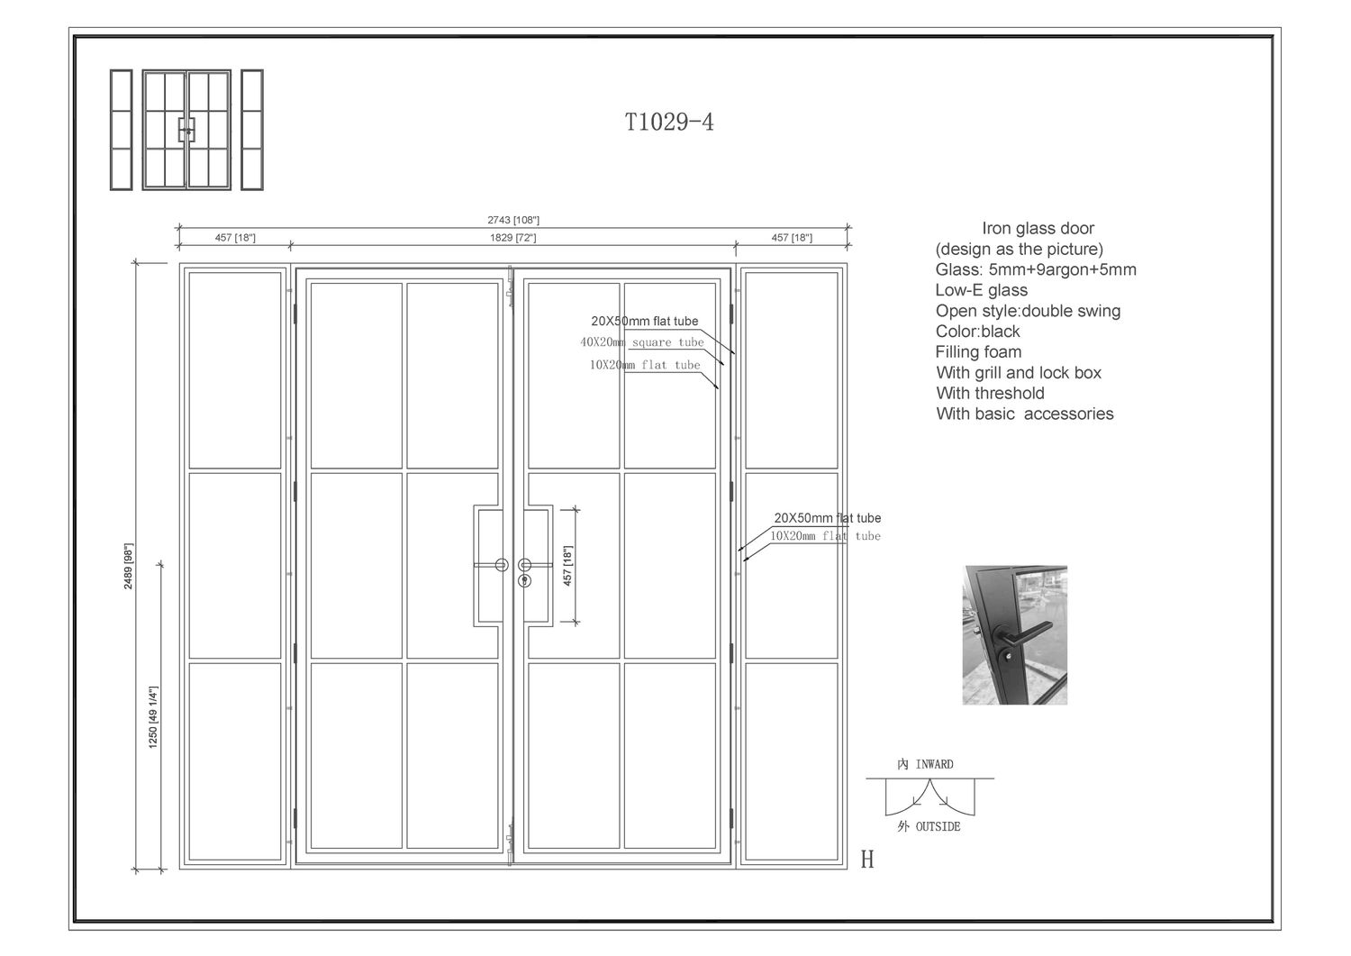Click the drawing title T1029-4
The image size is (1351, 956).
click(669, 123)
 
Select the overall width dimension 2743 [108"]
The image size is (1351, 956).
click(512, 220)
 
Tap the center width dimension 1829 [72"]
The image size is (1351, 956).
click(512, 238)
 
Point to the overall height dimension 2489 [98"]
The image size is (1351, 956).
click(129, 565)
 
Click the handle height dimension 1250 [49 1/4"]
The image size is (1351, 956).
click(154, 717)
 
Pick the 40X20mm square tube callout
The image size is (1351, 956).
click(642, 342)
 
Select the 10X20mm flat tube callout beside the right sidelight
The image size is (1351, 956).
click(825, 536)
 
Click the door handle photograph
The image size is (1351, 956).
click(1014, 634)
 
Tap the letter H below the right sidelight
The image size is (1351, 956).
click(867, 860)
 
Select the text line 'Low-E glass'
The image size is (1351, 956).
click(981, 290)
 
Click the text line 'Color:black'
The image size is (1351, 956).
click(977, 332)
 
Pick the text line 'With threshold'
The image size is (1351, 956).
click(990, 393)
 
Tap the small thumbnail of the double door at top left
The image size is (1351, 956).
click(186, 130)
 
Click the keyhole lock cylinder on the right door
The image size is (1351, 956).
click(524, 580)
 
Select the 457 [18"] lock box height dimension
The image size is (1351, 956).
click(567, 566)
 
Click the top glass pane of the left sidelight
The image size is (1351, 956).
click(235, 369)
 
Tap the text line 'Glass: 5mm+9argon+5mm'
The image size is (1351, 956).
click(1036, 269)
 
